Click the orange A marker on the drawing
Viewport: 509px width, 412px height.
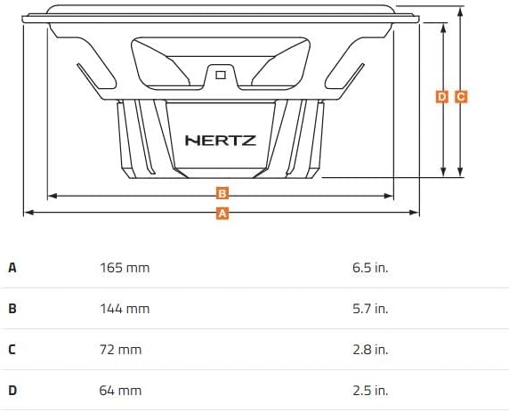[x=222, y=213]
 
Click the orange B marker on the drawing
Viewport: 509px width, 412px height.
[x=222, y=193]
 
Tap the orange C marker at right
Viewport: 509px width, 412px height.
[x=460, y=96]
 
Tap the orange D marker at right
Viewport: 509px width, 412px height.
[x=442, y=96]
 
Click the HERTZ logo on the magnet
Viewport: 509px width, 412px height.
[x=220, y=140]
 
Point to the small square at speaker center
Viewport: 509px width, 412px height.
[x=220, y=75]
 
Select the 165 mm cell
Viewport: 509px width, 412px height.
[x=124, y=267]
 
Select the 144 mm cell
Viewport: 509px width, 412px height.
[x=124, y=309]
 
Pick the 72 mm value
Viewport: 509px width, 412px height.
[x=120, y=350]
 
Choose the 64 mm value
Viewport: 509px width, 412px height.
[x=120, y=391]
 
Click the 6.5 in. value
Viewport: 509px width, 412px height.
[x=370, y=267]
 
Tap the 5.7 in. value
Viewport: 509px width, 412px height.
[x=370, y=309]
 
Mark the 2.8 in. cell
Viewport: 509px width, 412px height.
[x=370, y=350]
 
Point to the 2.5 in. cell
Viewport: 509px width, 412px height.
[x=370, y=391]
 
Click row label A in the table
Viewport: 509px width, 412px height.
[x=12, y=267]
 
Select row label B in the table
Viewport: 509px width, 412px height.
[x=12, y=309]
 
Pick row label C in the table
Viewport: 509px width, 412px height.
[x=12, y=350]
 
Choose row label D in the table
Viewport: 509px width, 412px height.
[x=12, y=391]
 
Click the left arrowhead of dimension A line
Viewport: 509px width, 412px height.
[x=27, y=213]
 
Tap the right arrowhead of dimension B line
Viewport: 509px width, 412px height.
[x=392, y=194]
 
